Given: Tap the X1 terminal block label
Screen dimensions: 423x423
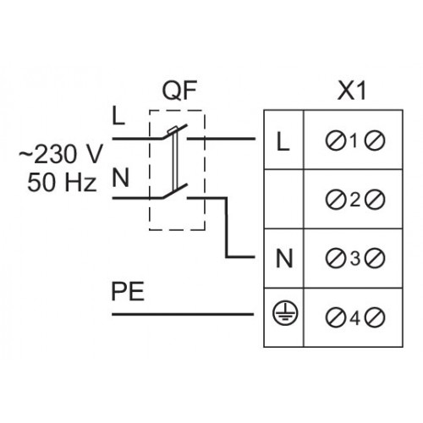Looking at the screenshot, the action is (352, 91).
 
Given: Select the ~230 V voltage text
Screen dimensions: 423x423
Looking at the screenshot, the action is (61, 154).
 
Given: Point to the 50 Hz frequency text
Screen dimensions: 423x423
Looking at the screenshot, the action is (62, 183).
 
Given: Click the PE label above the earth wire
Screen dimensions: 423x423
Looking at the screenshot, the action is (128, 292).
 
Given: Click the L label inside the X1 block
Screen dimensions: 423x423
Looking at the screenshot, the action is (283, 141).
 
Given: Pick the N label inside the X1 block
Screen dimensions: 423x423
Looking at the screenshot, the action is (284, 259).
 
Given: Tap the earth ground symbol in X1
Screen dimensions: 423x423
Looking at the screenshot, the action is (285, 314).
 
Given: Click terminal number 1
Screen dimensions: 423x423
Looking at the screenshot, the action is (354, 140).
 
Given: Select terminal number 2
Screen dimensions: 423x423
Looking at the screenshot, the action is (355, 200).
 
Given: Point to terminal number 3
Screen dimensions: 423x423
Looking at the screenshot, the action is (355, 258).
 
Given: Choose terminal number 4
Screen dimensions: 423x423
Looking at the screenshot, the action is (354, 318).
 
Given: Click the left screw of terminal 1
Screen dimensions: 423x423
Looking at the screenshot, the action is (336, 140).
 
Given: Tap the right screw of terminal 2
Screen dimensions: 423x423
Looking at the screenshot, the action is (375, 200).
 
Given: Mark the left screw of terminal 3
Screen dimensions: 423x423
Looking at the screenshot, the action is (336, 258).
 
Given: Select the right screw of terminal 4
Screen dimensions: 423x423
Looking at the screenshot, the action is (375, 317).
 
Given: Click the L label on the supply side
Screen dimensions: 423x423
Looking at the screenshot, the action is (118, 115).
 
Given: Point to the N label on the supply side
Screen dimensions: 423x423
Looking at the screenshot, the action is (121, 178).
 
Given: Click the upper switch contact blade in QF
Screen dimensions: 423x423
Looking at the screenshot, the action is (174, 131).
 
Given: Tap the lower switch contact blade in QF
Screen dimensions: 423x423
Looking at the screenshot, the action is (174, 191).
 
